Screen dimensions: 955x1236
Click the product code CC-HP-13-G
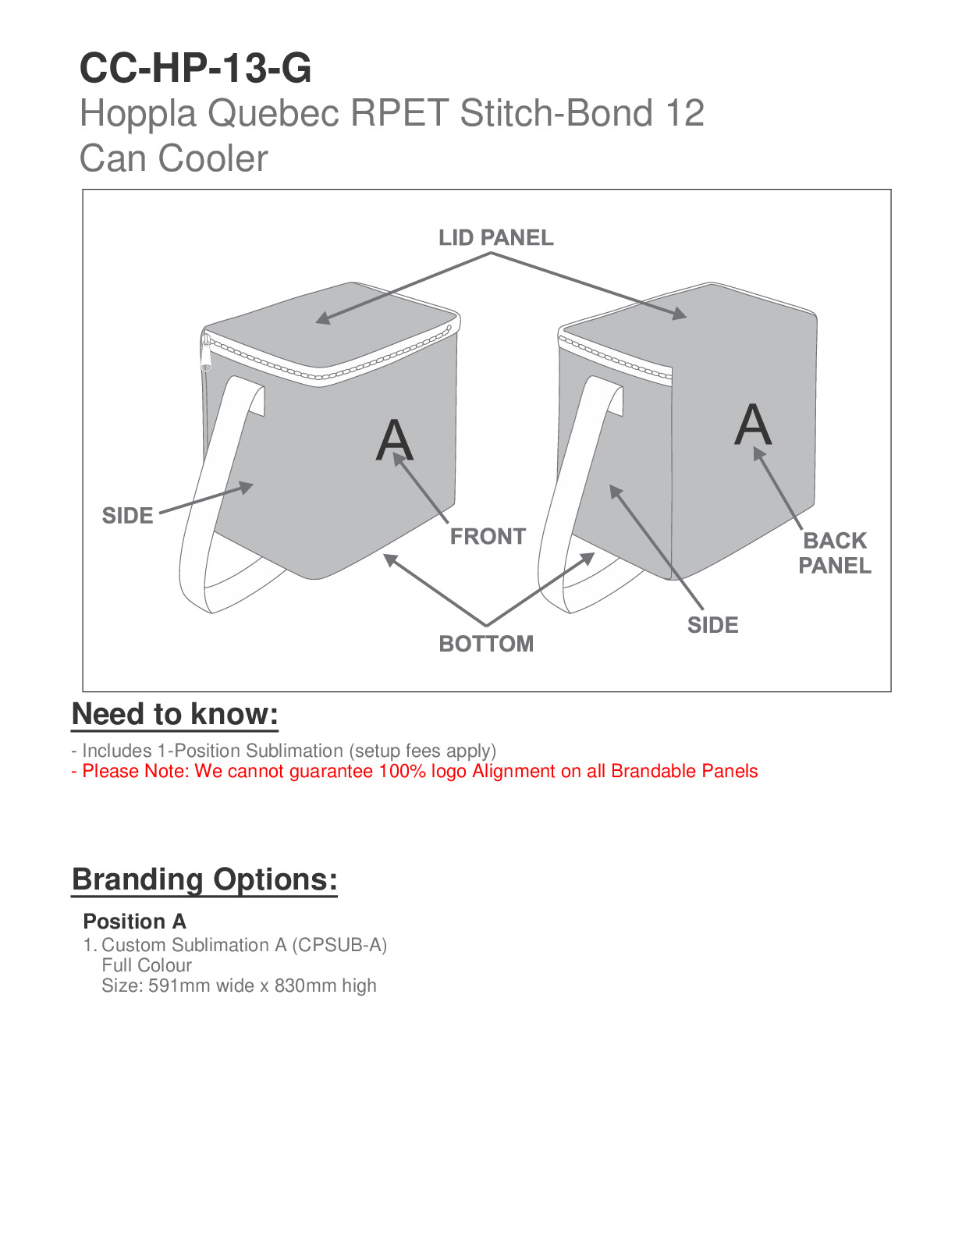coord(195,68)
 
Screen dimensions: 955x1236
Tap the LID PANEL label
coord(495,238)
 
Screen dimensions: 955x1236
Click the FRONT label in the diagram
coord(488,536)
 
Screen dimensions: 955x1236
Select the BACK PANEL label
coord(834,553)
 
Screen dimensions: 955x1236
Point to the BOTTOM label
coord(486,644)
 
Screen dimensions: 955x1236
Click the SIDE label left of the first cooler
coord(127,515)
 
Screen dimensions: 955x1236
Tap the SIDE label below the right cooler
coord(712,625)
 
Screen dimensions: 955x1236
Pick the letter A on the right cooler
coord(753,424)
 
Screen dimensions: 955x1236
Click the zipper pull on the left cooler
coord(206,353)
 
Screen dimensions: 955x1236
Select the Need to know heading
coord(176,714)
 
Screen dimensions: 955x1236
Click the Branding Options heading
coord(204,879)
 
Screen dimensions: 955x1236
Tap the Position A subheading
coord(135,922)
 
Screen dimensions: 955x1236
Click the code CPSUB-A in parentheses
coord(339,945)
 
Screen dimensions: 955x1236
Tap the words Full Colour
coord(147,964)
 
